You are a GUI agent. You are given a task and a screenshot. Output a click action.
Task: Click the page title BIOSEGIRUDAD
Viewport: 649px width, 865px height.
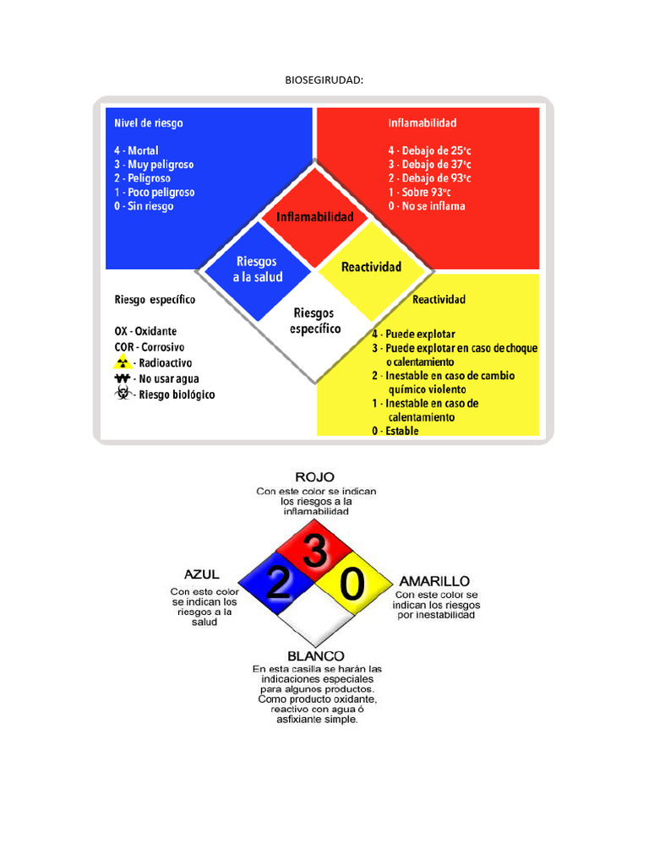(x=324, y=79)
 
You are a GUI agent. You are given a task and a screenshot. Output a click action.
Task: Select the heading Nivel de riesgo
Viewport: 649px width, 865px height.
(x=149, y=123)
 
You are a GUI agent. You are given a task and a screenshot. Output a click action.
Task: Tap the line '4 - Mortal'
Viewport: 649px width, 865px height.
(x=137, y=150)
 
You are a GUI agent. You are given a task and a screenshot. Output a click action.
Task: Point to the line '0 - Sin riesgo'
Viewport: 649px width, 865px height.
(x=145, y=206)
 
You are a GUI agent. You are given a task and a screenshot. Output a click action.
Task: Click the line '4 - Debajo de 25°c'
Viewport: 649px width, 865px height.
(x=430, y=150)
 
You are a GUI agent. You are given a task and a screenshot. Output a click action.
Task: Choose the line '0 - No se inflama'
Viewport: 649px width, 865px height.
(x=427, y=206)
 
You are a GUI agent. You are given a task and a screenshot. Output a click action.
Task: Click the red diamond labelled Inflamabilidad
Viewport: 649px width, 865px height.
(x=315, y=217)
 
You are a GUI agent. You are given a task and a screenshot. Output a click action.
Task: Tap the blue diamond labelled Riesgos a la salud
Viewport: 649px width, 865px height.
(x=259, y=269)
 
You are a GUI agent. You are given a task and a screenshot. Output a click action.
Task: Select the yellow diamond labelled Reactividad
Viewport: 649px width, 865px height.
(x=371, y=267)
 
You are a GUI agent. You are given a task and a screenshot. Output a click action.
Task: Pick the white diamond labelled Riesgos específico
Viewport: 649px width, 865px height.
(x=315, y=320)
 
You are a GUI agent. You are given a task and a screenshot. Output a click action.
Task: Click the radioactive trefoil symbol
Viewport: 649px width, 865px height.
(x=122, y=362)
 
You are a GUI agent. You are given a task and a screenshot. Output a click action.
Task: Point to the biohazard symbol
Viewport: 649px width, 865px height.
(x=122, y=394)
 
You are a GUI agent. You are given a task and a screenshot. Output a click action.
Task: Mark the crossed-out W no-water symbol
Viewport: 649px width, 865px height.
(x=122, y=378)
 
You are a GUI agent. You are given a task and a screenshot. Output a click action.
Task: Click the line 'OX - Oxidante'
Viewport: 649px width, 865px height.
(x=145, y=331)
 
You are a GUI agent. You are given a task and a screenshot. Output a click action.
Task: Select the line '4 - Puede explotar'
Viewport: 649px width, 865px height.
(x=419, y=334)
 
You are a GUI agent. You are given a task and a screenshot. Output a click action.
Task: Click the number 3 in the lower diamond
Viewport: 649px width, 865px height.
(x=315, y=554)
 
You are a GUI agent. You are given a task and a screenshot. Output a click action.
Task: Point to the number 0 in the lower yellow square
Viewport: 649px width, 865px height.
(x=352, y=583)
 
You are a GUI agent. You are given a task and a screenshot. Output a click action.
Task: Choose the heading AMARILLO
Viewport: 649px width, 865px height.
(x=434, y=581)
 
